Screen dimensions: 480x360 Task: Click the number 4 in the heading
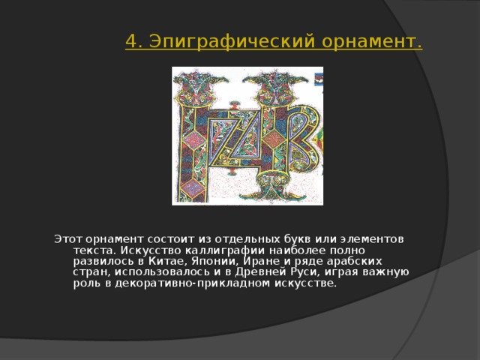coord(131,41)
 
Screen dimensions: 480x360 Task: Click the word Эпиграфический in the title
coord(233,42)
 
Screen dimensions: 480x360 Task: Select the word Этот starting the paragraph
coord(68,239)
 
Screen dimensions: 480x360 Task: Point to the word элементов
coord(372,239)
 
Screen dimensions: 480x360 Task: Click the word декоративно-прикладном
coord(193,283)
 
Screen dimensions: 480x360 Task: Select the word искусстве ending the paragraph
coord(305,283)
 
